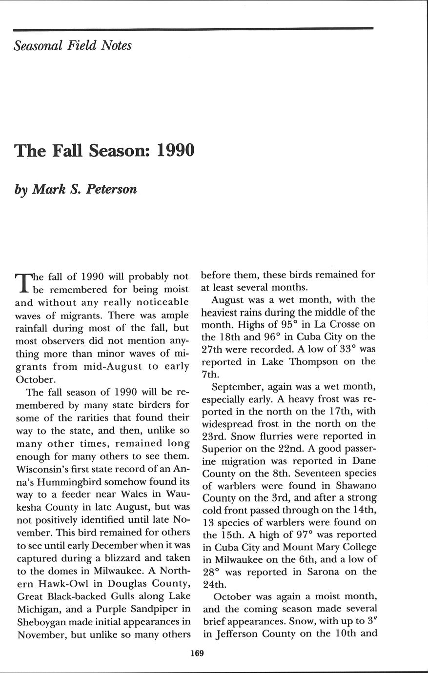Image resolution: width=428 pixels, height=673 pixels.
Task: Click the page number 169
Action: [x=197, y=653]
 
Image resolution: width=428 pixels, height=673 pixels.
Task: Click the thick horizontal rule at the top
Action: [x=193, y=29]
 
